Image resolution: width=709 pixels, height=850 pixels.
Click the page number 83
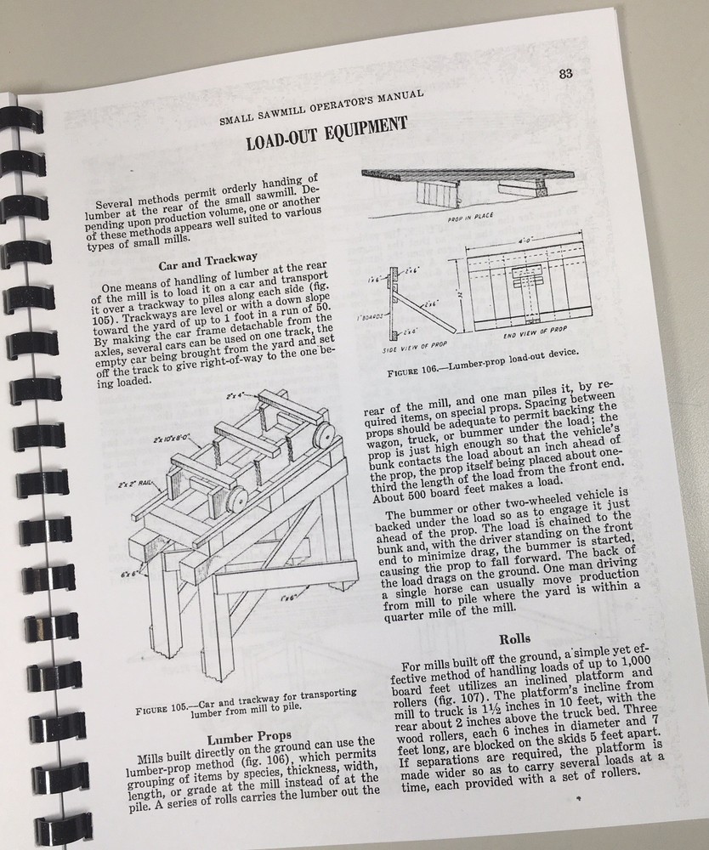coord(564,72)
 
